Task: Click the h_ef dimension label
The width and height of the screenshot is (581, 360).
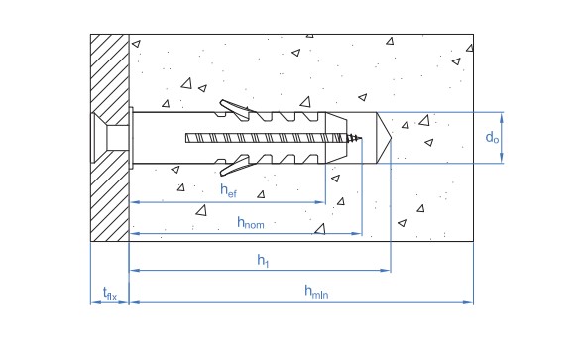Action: coord(228,191)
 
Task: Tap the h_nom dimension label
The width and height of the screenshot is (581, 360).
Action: coord(251,223)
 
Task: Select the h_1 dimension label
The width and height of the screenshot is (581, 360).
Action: coord(263,260)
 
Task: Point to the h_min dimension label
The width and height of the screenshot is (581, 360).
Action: coord(316,292)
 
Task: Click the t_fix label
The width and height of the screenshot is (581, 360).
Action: coord(110,294)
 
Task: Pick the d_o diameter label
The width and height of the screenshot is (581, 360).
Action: coord(492,138)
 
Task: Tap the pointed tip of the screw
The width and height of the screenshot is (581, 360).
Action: coord(361,139)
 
